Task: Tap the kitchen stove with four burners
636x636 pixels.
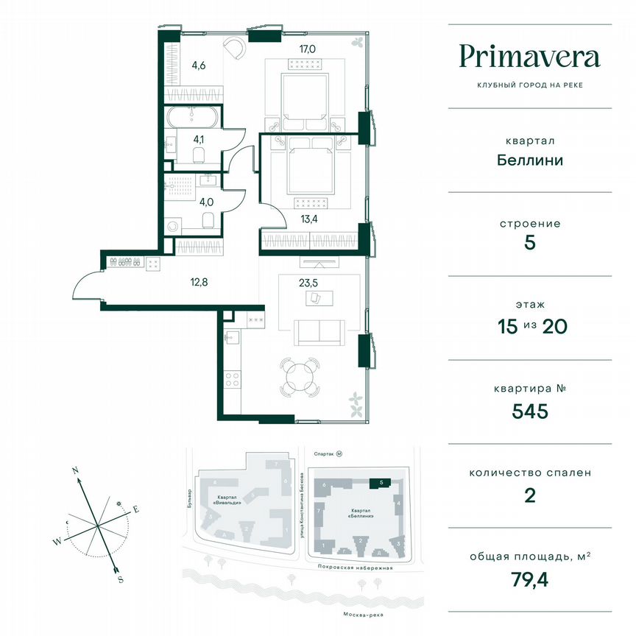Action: (x=233, y=380)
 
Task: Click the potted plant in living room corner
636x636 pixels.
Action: (x=356, y=402)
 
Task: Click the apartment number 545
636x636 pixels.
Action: (x=529, y=411)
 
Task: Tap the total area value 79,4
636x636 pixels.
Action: (x=529, y=580)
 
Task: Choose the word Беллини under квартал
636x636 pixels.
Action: (x=529, y=160)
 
